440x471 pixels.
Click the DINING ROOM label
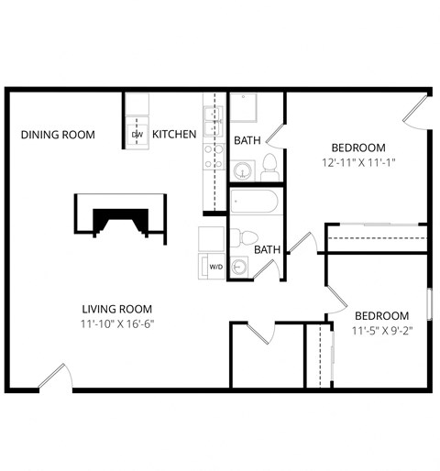tap(58, 135)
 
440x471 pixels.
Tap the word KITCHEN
tap(174, 135)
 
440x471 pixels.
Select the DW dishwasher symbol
tap(137, 135)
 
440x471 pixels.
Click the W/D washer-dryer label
tap(216, 267)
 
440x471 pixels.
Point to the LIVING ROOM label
tap(116, 309)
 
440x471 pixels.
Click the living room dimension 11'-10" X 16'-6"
tap(116, 325)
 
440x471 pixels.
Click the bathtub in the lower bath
tap(258, 202)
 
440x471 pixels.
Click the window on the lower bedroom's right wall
tap(428, 302)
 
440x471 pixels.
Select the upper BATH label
tap(247, 141)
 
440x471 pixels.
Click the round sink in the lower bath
tap(237, 267)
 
